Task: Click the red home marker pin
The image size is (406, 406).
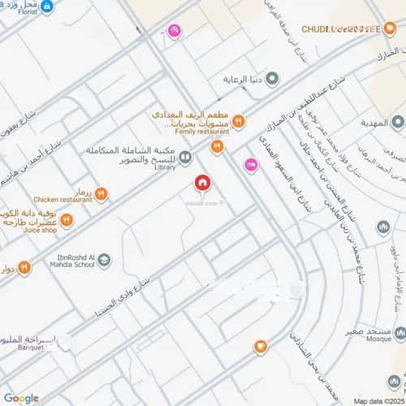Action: click(201, 184)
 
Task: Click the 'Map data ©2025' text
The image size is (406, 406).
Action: click(377, 400)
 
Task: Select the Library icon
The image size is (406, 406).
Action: click(186, 158)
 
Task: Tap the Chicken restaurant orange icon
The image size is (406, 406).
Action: click(101, 193)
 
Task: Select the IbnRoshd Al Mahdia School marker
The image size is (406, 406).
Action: click(103, 260)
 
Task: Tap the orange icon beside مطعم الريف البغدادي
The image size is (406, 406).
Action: click(238, 121)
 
